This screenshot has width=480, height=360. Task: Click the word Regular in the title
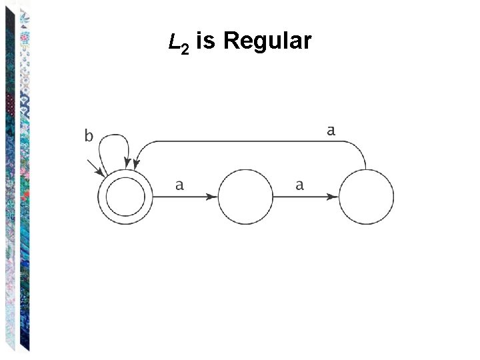[x=267, y=42]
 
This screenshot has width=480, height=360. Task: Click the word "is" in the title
[x=205, y=42]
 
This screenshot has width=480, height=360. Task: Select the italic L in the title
[x=175, y=42]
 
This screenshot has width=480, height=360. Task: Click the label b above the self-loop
[x=88, y=137]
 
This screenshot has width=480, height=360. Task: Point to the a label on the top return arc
[x=331, y=131]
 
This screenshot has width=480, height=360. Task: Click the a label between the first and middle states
[x=179, y=185]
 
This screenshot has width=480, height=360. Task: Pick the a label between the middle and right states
[x=299, y=185]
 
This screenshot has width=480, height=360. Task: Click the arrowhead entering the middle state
[x=212, y=197]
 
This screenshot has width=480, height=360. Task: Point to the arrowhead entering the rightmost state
[x=332, y=197]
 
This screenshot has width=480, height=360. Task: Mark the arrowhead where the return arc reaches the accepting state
[x=135, y=167]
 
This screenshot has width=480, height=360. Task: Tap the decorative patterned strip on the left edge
[x=17, y=180]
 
